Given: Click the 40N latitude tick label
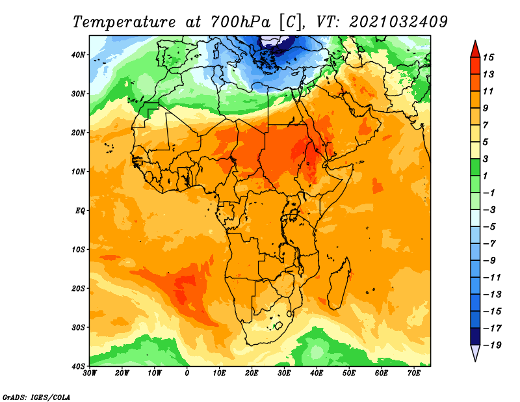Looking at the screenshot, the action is click(78, 55).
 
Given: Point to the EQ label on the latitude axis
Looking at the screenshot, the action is click(80, 211).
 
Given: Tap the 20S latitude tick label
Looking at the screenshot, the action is click(78, 288).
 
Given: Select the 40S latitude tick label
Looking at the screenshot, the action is click(78, 366).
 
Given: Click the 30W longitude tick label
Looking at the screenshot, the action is click(90, 373).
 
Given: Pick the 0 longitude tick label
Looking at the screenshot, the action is click(187, 373).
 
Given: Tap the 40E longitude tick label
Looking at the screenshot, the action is click(317, 373).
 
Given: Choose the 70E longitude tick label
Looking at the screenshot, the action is click(414, 373).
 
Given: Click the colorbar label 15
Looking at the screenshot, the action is click(489, 57).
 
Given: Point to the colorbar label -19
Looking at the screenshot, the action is click(492, 345).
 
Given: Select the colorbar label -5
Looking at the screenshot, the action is click(489, 227).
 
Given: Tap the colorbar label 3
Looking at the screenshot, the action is click(486, 159).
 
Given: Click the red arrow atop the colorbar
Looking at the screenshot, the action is click(475, 50).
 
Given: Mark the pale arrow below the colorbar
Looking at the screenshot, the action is click(475, 352).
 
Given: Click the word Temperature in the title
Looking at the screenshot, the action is click(123, 22).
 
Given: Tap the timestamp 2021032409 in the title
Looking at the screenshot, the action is click(398, 22).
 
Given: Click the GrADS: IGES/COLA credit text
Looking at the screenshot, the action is click(36, 397).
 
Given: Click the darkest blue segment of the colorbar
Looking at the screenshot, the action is click(475, 336).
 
